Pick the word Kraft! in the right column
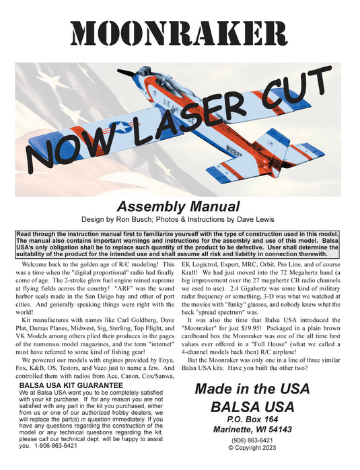tap(196, 275)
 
